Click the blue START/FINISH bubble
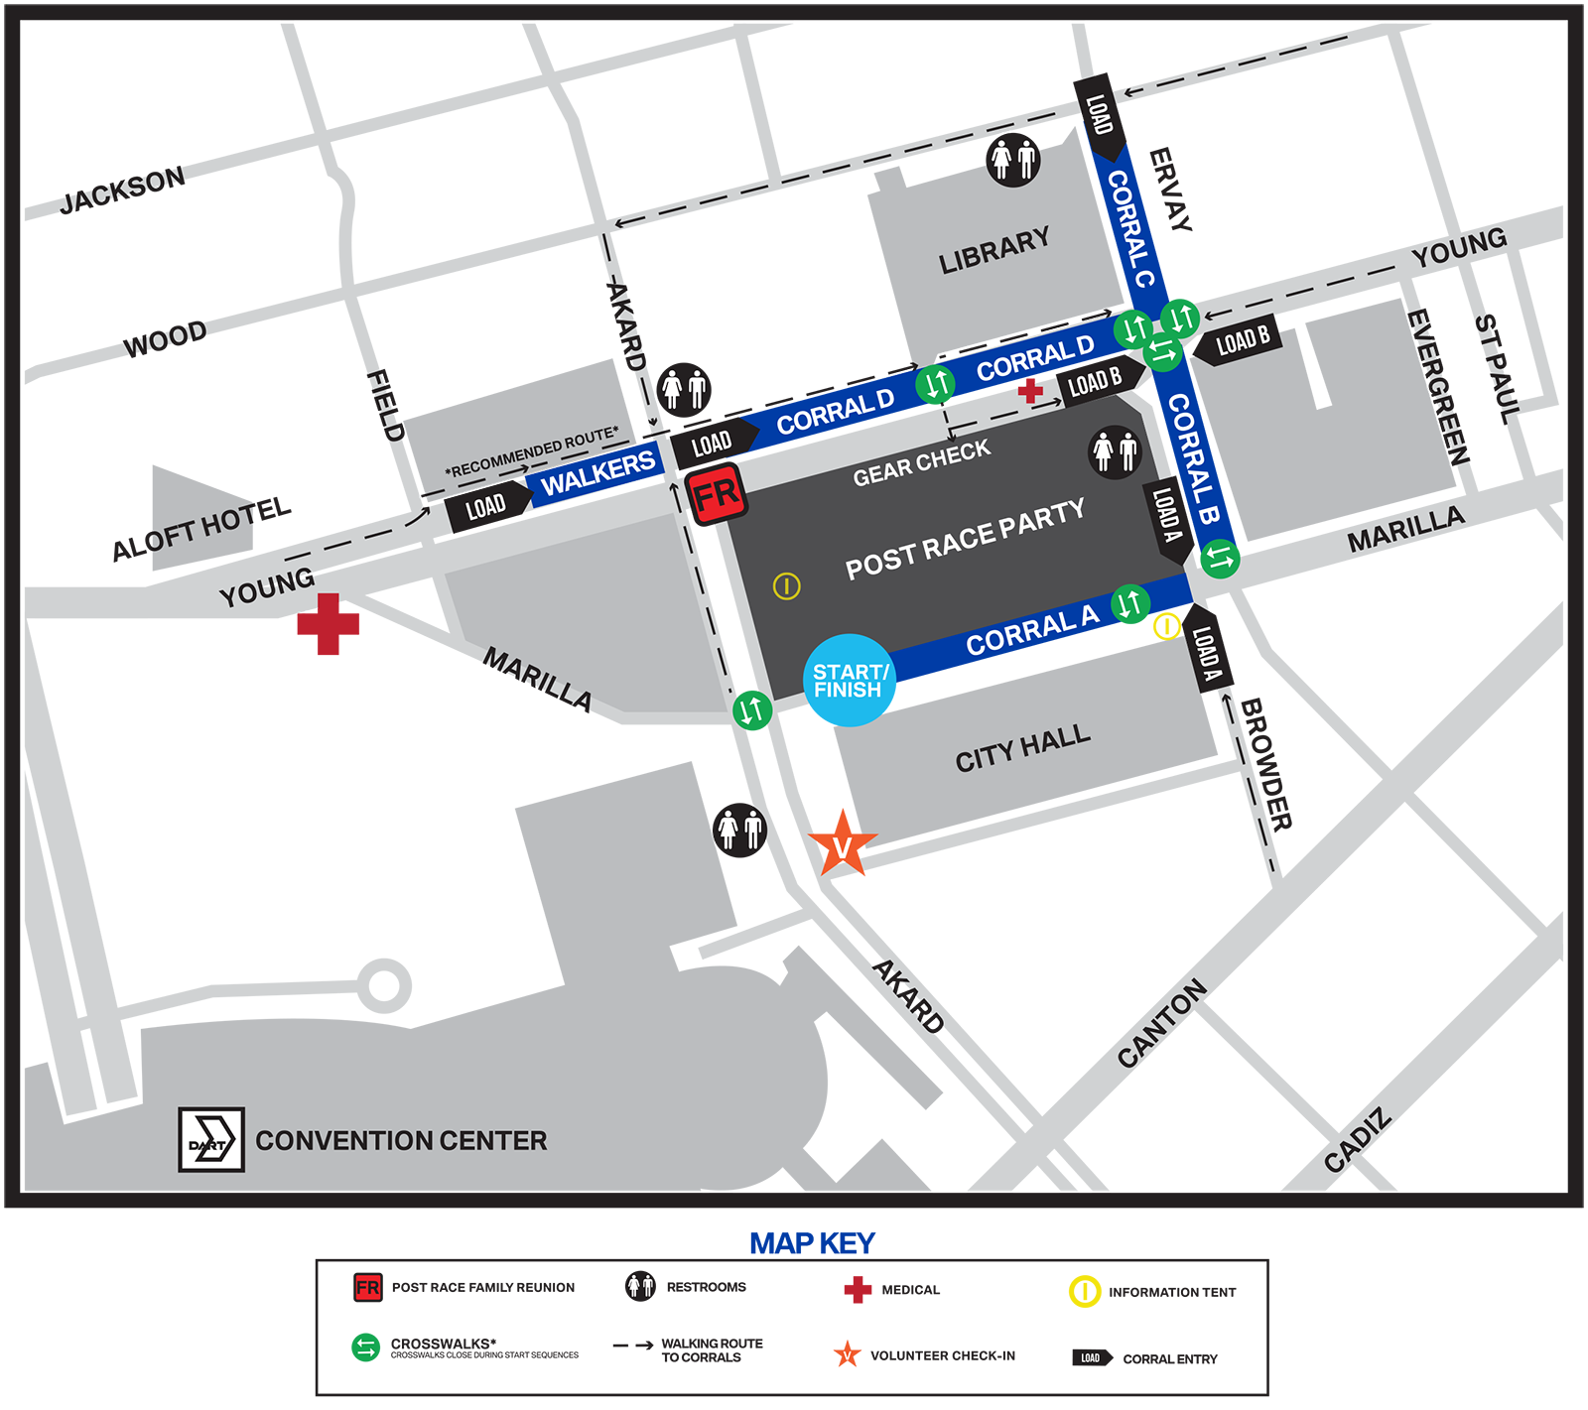point(851,681)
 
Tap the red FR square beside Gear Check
point(716,494)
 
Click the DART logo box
point(211,1139)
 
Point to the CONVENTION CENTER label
point(401,1141)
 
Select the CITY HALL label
point(1022,748)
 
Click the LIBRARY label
point(993,251)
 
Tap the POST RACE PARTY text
point(965,539)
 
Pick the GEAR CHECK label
point(921,462)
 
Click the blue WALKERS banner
point(597,472)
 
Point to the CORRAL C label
point(1130,228)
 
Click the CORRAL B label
point(1193,457)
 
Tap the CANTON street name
point(1161,1023)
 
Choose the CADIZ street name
point(1357,1142)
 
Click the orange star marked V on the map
point(842,846)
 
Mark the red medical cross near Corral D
point(1030,389)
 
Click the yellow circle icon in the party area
point(786,586)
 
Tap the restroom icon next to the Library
point(1013,159)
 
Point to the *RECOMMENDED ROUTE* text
point(531,452)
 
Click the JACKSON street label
point(121,191)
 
